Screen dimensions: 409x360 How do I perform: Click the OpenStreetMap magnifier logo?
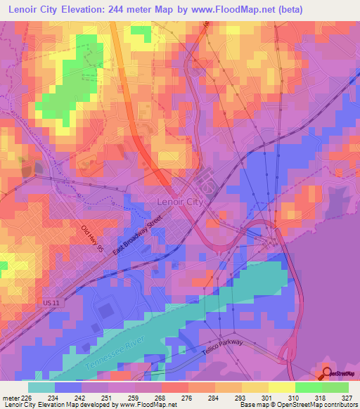(x=328, y=375)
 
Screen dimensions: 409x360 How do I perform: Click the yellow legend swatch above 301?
(x=255, y=387)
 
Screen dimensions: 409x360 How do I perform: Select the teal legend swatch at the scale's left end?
(x=41, y=387)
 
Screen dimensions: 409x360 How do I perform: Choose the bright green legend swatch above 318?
(x=308, y=387)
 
